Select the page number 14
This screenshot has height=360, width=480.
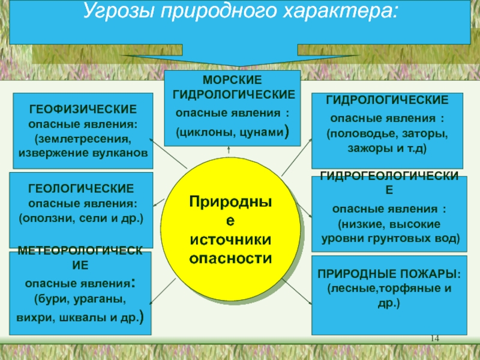(436, 340)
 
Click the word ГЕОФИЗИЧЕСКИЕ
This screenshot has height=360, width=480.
(82, 111)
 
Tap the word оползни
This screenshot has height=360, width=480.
(45, 217)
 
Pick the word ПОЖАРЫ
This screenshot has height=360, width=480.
(427, 275)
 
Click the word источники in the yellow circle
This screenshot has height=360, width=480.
(231, 240)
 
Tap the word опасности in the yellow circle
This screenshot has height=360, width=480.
(231, 259)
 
